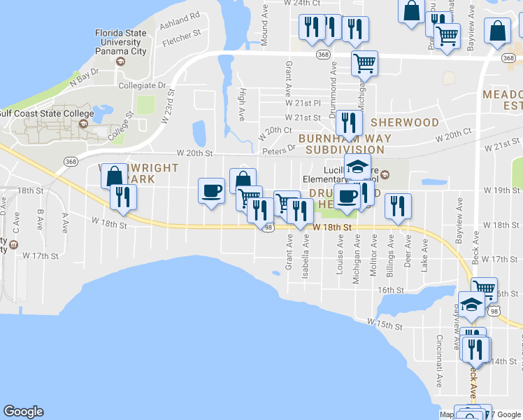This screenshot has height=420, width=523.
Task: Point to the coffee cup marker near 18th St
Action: [211, 190]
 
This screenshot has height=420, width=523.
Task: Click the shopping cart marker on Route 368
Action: [364, 64]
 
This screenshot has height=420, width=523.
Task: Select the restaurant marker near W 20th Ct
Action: [348, 123]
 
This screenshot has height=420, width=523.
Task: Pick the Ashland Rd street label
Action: [180, 18]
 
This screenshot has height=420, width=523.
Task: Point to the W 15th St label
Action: [385, 323]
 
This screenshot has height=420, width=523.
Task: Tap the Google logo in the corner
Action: [23, 412]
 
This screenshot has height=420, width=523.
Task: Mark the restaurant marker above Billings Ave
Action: [398, 206]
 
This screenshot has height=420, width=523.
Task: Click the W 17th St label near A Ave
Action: [41, 255]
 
